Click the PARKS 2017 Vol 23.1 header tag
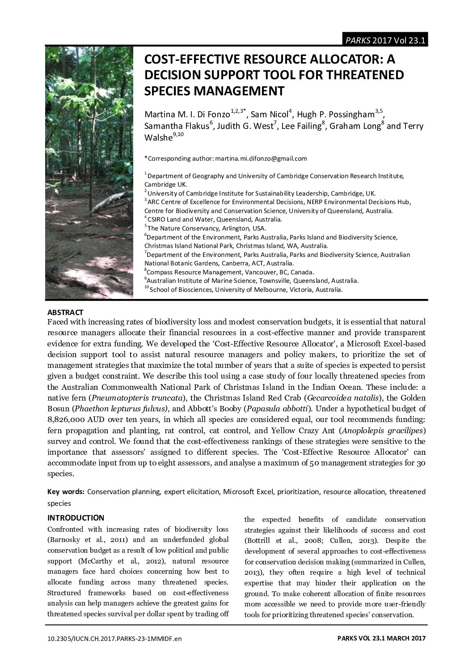[385, 40]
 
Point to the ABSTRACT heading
[65, 312]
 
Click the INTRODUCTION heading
[76, 518]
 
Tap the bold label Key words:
[66, 491]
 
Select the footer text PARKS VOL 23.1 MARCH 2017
[381, 639]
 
